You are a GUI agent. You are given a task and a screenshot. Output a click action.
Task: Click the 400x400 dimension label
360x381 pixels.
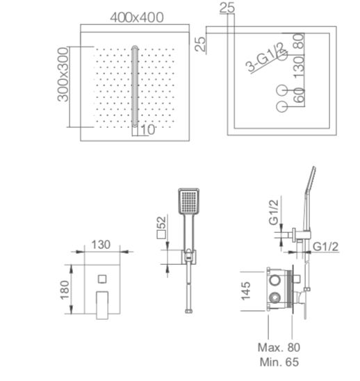[x=137, y=17]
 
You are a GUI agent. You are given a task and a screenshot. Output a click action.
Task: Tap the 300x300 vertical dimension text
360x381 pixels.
[x=63, y=74]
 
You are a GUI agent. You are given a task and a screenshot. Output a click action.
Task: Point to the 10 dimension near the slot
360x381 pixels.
[x=148, y=129]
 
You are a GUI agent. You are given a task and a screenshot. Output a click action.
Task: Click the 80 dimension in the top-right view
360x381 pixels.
[x=299, y=41]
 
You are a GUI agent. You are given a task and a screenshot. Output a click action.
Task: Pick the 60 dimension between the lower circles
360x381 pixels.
[x=299, y=95]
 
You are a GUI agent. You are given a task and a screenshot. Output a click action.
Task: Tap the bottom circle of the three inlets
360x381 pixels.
[x=282, y=106]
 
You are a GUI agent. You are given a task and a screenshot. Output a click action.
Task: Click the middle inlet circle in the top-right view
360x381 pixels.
[x=282, y=90]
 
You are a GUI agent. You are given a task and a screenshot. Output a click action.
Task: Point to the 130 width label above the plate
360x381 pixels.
[x=101, y=245]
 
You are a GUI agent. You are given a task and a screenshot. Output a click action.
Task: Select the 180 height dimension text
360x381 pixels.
[x=65, y=290]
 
